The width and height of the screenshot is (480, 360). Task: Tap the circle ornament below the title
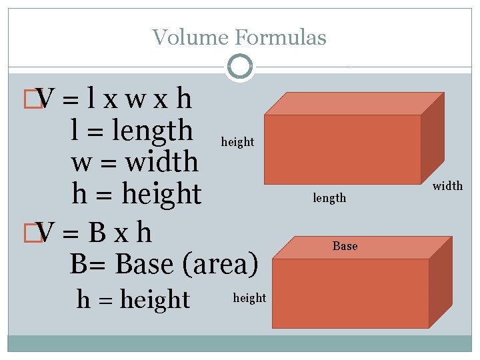tap(239, 66)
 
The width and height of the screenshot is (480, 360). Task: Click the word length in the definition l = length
tap(153, 131)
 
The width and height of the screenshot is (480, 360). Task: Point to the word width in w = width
tap(162, 162)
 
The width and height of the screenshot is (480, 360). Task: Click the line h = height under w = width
tap(136, 194)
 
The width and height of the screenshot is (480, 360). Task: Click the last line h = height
tap(133, 299)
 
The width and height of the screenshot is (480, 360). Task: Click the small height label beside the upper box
tap(237, 142)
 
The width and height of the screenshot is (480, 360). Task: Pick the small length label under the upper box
tap(329, 197)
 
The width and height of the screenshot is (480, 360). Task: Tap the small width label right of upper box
tap(447, 186)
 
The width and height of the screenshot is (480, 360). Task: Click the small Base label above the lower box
tap(345, 246)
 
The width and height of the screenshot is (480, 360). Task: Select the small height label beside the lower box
tap(249, 298)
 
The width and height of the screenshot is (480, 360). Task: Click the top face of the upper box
tap(353, 103)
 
